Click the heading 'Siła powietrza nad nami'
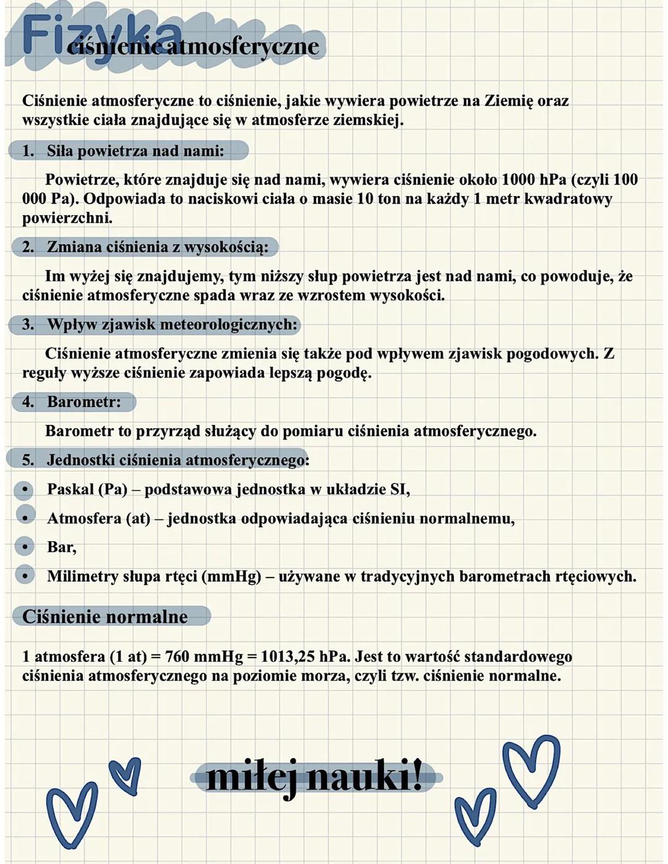135,150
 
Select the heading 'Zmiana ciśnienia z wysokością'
157,247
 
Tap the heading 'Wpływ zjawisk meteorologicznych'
172,325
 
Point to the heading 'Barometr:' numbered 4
83,402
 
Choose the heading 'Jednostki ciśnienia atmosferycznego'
178,460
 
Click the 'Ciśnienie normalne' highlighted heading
105,617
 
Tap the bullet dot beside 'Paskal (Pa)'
25,490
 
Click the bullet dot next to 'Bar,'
25,547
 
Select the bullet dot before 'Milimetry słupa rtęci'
25,576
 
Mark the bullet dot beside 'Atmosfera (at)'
25,518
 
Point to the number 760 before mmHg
178,656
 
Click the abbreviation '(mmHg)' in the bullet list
231,576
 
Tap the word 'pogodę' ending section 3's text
343,374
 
